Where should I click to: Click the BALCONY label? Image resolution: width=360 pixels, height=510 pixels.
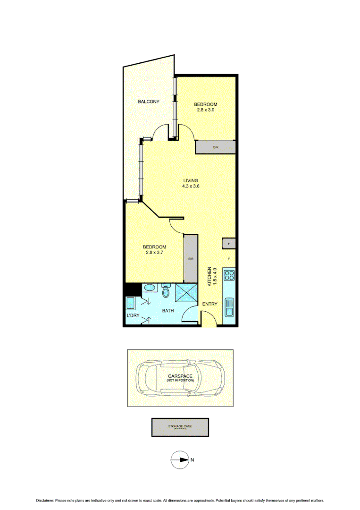(148, 102)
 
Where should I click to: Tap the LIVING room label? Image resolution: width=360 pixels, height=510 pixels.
(191, 180)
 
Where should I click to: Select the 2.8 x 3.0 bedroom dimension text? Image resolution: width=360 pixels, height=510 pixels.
(206, 110)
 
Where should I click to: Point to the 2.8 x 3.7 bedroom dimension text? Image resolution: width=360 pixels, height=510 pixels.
(154, 253)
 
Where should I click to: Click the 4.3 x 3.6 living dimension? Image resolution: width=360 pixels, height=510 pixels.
(191, 186)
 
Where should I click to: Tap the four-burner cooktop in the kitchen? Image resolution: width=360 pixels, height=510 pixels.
(229, 274)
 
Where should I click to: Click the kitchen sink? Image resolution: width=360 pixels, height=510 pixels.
(229, 307)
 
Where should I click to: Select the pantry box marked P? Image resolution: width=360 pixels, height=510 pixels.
(229, 244)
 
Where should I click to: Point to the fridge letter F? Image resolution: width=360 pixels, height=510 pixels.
(229, 259)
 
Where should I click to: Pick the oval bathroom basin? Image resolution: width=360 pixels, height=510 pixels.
(148, 288)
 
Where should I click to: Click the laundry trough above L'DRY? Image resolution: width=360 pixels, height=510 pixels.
(130, 302)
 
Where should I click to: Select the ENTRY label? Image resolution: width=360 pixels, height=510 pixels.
(209, 304)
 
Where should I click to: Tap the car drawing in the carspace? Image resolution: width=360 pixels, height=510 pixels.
(180, 378)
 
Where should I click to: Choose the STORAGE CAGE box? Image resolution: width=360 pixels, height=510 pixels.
(180, 427)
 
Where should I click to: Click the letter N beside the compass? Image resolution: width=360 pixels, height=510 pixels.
(192, 459)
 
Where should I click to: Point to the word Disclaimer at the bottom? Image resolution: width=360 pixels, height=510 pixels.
(45, 501)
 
